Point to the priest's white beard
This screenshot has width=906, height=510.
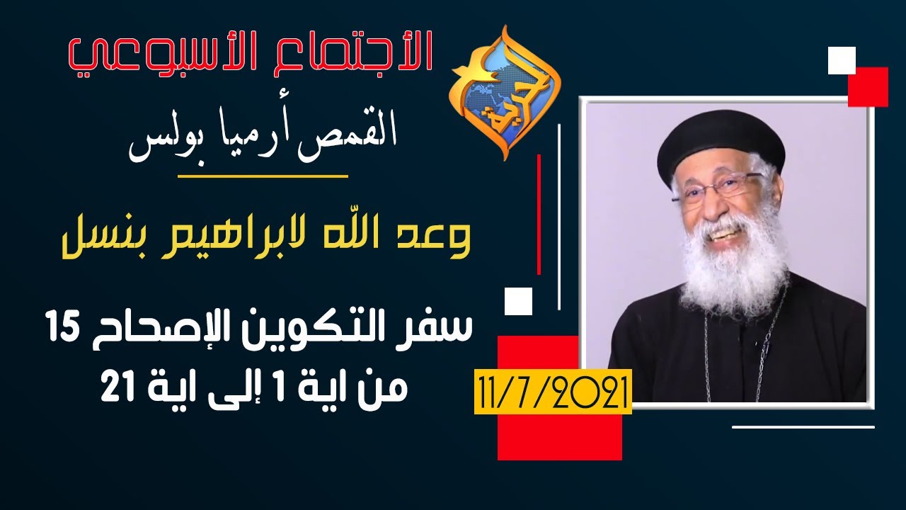tap(733, 266)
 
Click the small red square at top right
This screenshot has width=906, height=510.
tap(868, 86)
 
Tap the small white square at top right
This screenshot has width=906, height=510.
tap(842, 60)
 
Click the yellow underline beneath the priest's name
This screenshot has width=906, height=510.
tap(262, 175)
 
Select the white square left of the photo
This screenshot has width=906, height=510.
tap(518, 301)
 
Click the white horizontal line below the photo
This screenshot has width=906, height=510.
tap(803, 426)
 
